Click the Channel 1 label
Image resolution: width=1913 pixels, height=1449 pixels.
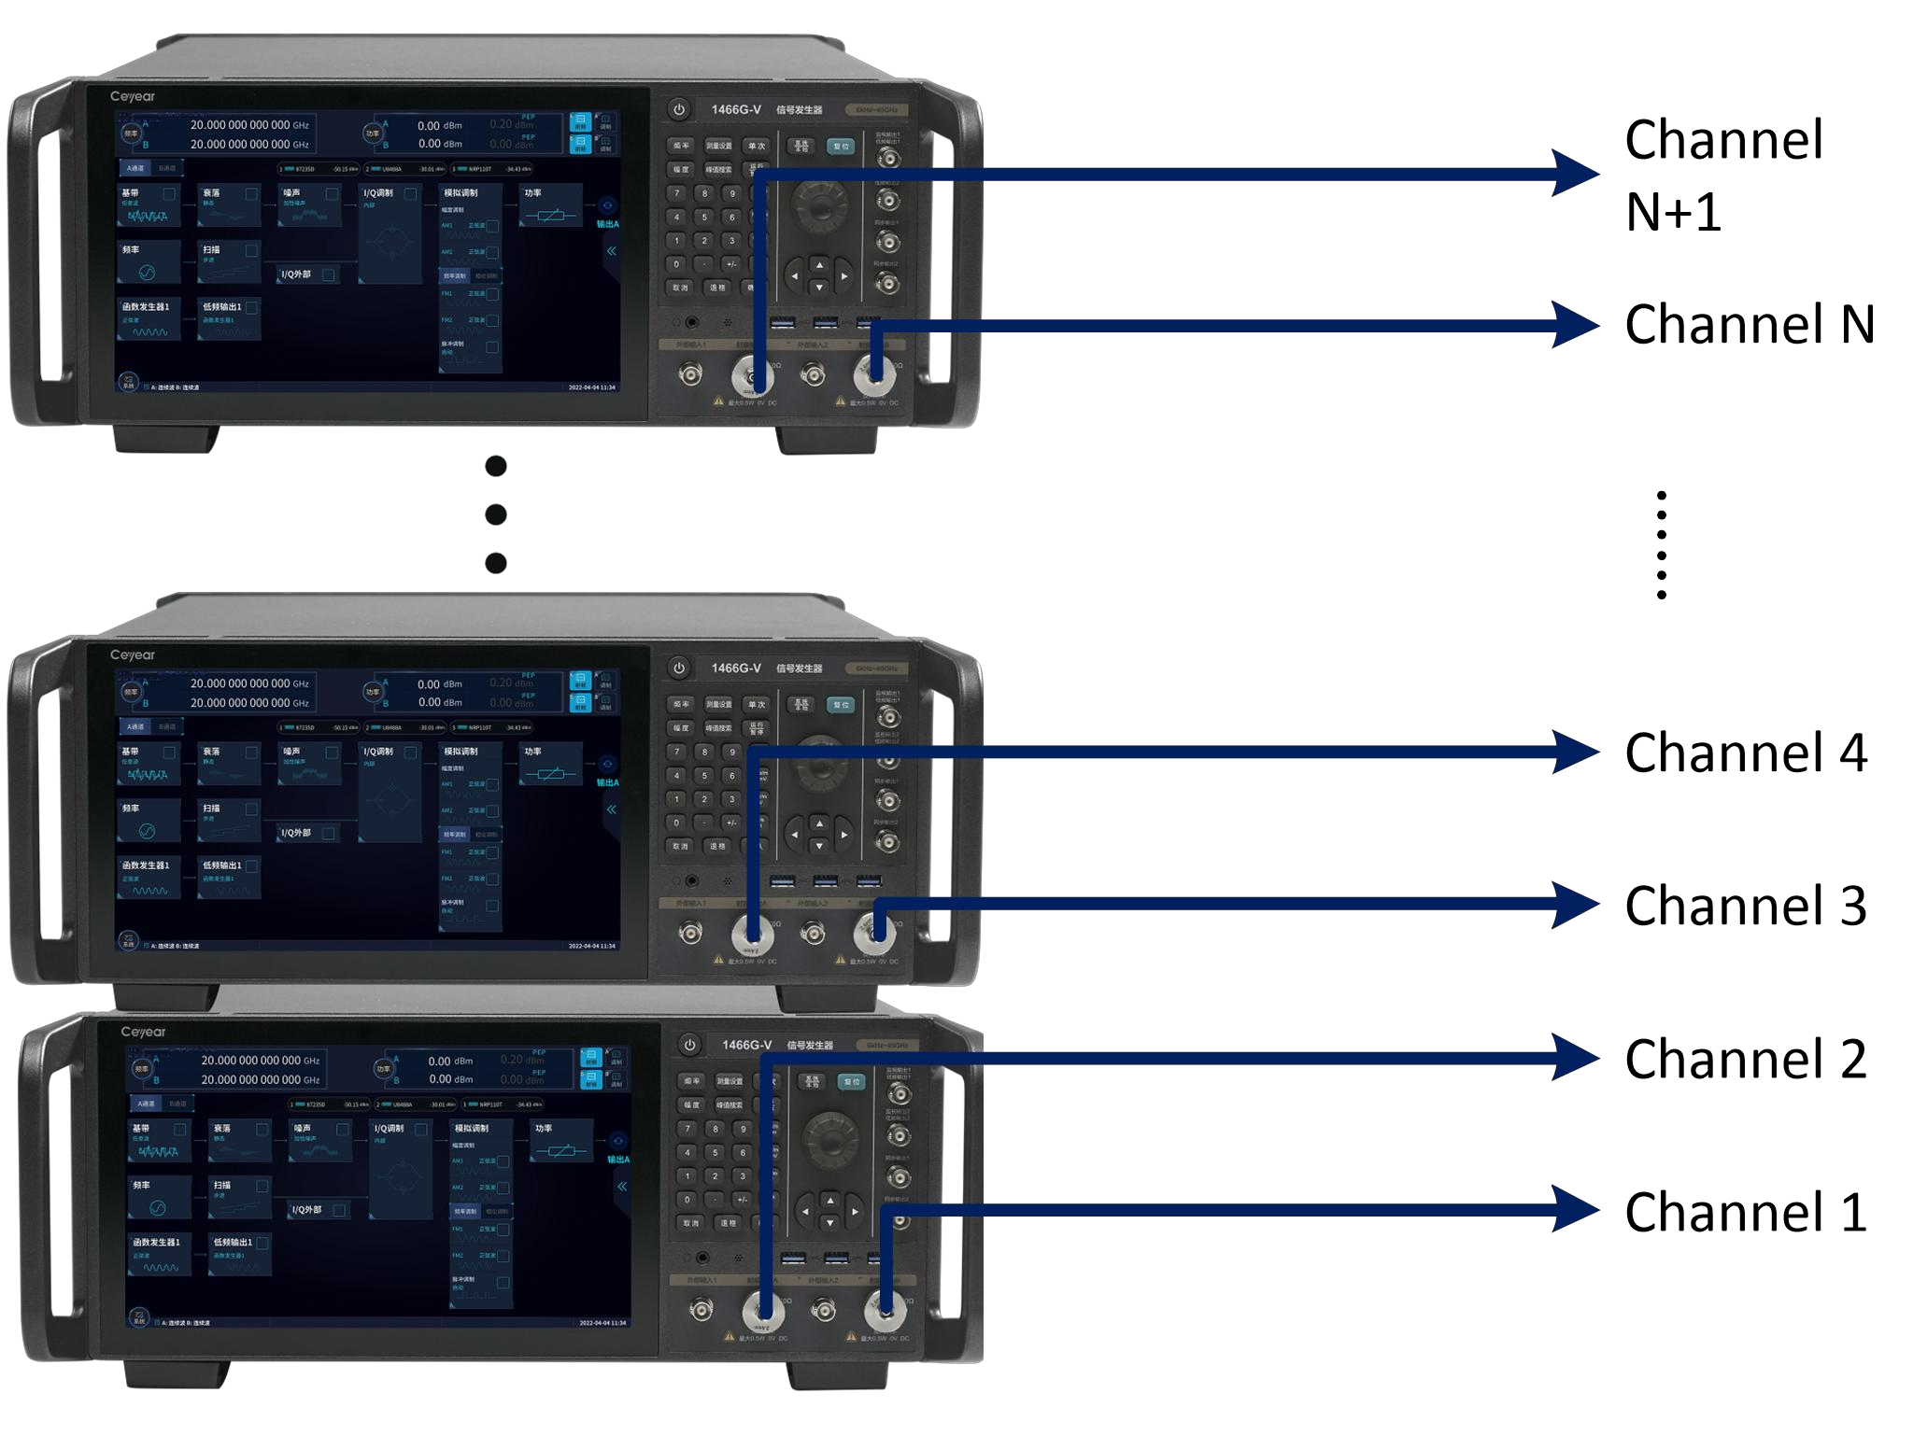click(1745, 1212)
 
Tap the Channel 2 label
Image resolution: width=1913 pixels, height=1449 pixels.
click(1745, 1059)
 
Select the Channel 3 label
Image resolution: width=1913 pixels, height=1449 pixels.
click(1745, 906)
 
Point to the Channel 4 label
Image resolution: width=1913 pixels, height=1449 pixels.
click(1745, 753)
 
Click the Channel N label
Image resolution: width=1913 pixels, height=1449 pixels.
click(1749, 324)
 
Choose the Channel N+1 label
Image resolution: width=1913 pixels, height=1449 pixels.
click(1722, 176)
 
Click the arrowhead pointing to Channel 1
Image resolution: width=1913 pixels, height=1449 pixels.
click(1577, 1211)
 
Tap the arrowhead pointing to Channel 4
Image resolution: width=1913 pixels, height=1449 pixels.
click(1577, 752)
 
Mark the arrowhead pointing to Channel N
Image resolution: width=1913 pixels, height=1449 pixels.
click(1577, 325)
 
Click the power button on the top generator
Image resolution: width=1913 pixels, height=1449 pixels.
click(679, 109)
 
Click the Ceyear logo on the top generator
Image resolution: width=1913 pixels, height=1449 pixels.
click(133, 96)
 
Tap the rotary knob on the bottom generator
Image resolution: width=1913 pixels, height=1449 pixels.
click(830, 1141)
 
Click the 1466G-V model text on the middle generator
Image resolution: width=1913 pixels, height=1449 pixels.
click(735, 668)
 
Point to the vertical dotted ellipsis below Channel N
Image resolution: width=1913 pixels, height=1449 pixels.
click(1661, 544)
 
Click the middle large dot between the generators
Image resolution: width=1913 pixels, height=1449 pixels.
click(496, 514)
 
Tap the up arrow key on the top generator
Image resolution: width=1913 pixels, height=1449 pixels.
click(819, 264)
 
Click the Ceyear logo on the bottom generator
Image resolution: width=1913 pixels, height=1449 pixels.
click(143, 1032)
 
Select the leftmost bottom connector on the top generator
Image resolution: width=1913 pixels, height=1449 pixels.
click(690, 375)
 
